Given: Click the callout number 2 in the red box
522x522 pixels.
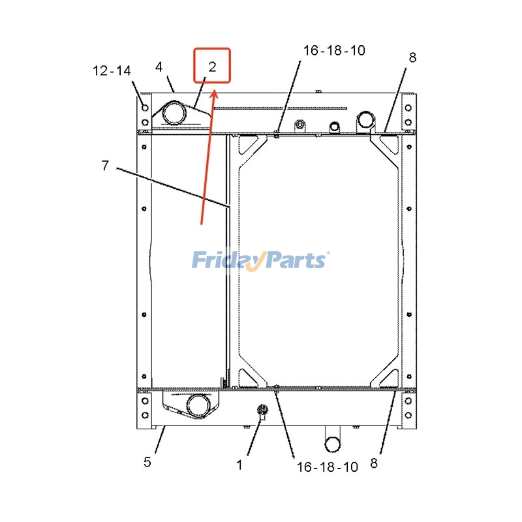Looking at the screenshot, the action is tap(213, 67).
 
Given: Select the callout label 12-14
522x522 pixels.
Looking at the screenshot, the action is tap(112, 70).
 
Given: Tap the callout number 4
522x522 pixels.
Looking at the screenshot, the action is tap(159, 67).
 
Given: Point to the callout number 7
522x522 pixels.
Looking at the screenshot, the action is tap(105, 165).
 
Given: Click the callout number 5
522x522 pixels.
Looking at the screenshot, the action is tap(147, 462).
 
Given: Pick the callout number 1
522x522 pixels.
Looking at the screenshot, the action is tap(239, 465).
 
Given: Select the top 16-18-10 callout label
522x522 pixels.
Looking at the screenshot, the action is tap(334, 50).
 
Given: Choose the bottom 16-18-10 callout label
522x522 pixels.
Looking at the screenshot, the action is tap(328, 467).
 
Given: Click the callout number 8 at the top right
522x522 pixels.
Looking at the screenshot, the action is tap(412, 57).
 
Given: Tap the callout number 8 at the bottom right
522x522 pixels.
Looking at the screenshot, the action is tap(374, 463).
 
